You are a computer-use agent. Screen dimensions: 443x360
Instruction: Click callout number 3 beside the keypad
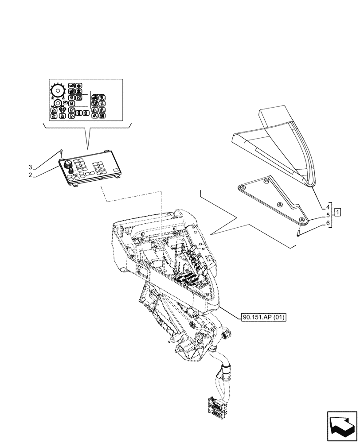[x=30, y=167]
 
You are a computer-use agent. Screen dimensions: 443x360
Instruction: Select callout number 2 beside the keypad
[x=30, y=175]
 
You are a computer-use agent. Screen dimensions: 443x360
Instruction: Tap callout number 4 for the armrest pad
[x=328, y=207]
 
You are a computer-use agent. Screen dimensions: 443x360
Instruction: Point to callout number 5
[x=328, y=215]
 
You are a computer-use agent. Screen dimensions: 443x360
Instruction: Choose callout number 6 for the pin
[x=328, y=223]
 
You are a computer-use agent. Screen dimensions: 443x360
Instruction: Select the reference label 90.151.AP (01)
[x=264, y=317]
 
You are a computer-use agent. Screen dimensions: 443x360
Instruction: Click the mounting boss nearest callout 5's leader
[x=301, y=220]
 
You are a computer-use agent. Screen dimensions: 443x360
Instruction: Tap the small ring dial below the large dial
[x=57, y=104]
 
